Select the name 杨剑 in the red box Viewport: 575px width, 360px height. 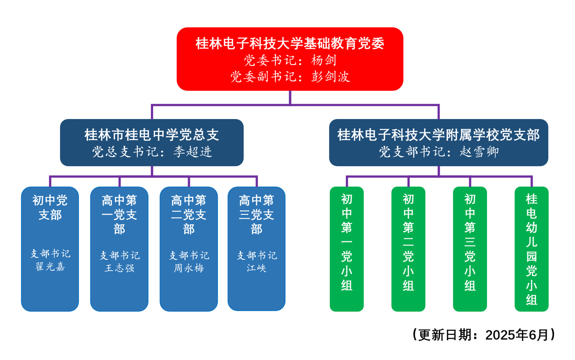click(x=324, y=60)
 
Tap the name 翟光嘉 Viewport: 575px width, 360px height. click(x=50, y=267)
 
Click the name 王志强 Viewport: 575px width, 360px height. click(x=119, y=268)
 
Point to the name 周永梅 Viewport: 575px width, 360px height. click(x=189, y=268)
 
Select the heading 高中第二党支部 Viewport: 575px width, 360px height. click(x=189, y=215)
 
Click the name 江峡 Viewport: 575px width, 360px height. click(x=256, y=268)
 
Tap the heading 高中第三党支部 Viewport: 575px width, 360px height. click(x=256, y=215)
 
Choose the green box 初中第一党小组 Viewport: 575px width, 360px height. click(x=347, y=249)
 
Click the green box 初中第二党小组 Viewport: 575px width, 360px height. click(x=408, y=249)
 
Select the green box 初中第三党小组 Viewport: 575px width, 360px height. click(x=470, y=249)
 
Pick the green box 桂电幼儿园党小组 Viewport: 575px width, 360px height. click(x=531, y=249)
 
